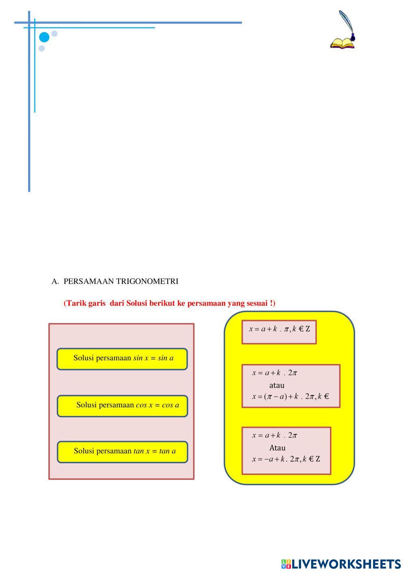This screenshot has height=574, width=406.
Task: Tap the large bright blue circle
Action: coord(44,38)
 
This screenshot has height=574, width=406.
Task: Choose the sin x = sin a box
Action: coord(122,359)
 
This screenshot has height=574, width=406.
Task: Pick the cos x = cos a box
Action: coord(122,406)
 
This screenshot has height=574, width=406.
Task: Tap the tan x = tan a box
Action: coord(122,452)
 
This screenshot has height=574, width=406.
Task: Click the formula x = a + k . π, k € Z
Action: coord(279,329)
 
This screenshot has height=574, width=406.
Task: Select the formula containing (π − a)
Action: coord(290,396)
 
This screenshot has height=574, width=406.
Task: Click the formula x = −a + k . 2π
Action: coord(286,459)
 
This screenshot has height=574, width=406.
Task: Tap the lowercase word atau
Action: coord(277,385)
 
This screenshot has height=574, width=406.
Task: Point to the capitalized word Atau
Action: coord(277,448)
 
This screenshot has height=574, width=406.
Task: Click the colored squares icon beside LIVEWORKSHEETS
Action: coord(286,564)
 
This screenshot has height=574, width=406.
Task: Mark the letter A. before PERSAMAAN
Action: coord(55,282)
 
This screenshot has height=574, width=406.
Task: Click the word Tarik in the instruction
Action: coord(76,303)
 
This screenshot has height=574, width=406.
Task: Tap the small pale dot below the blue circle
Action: coord(41,49)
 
